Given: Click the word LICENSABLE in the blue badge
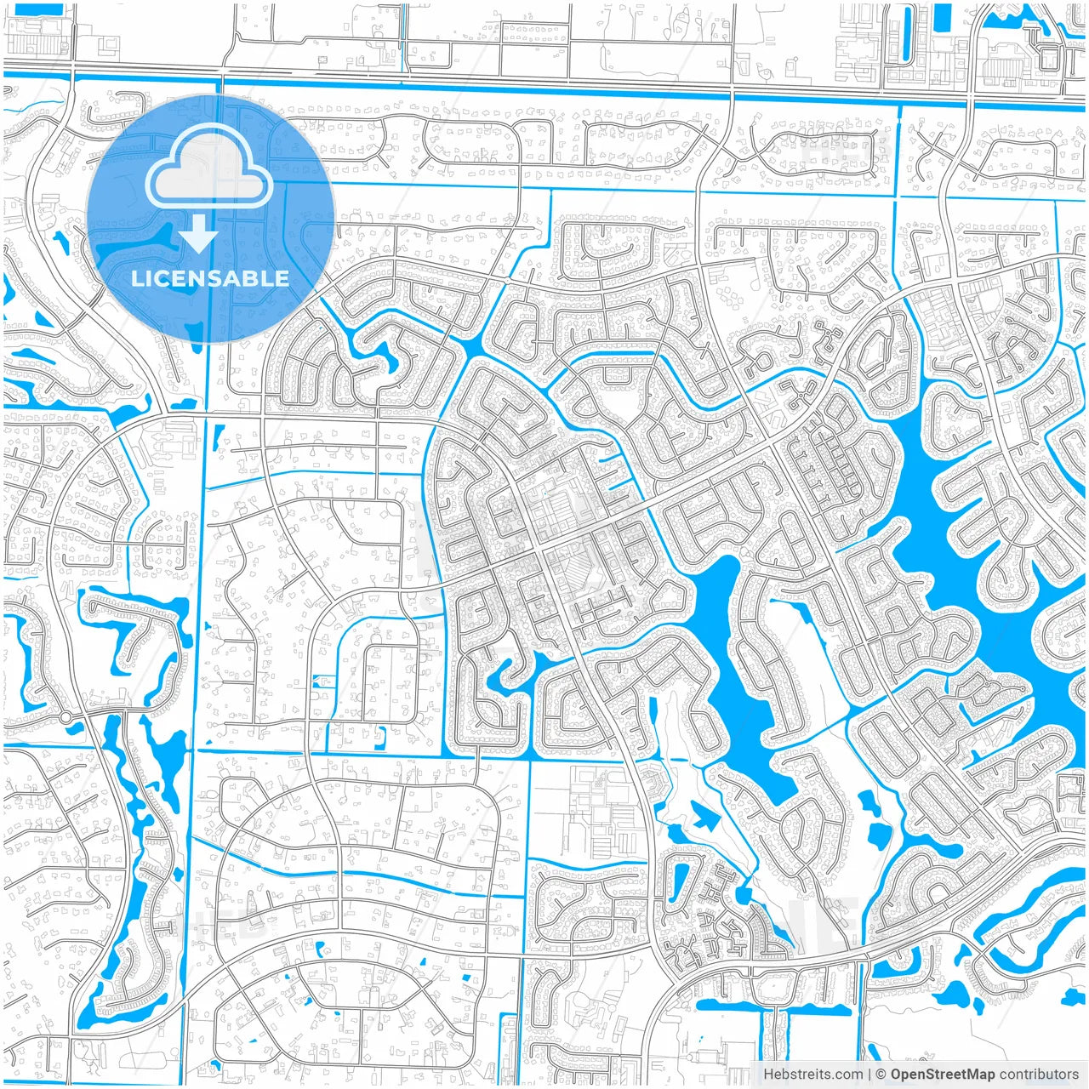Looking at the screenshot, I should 210,278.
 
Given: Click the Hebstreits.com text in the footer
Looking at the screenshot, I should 812,1075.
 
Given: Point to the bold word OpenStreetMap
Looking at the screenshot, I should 942,1075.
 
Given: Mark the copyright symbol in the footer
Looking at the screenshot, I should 881,1075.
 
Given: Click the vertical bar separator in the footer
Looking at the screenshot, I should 869,1075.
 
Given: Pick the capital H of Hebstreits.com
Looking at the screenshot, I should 768,1075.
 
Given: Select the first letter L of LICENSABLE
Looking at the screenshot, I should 136,278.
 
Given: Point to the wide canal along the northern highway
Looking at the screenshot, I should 544,86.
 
